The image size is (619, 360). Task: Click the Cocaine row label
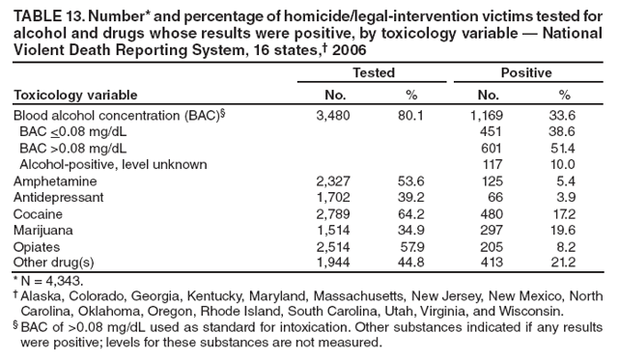click(38, 213)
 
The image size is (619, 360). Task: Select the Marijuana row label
click(42, 230)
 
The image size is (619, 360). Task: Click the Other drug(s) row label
click(53, 263)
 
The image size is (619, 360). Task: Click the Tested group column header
click(373, 72)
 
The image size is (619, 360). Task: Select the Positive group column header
click(525, 72)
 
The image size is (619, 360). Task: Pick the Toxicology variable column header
click(74, 95)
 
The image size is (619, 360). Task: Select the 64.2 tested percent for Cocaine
click(411, 213)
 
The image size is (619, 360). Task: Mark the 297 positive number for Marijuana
click(492, 230)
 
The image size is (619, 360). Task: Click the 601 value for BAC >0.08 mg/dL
click(492, 148)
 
